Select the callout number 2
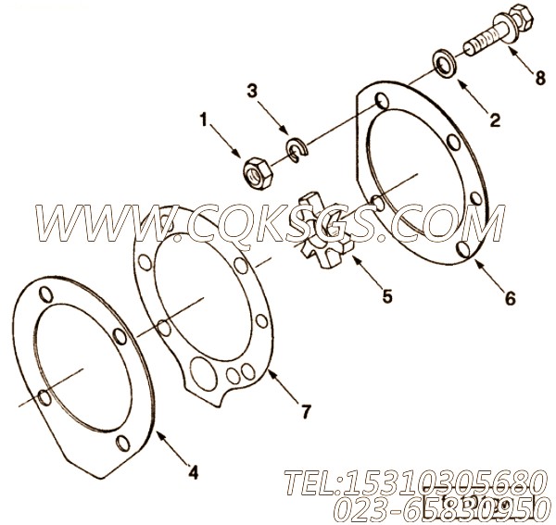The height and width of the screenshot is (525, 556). [494, 119]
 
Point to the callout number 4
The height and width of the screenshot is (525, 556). [193, 473]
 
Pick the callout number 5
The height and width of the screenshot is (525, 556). [386, 296]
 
